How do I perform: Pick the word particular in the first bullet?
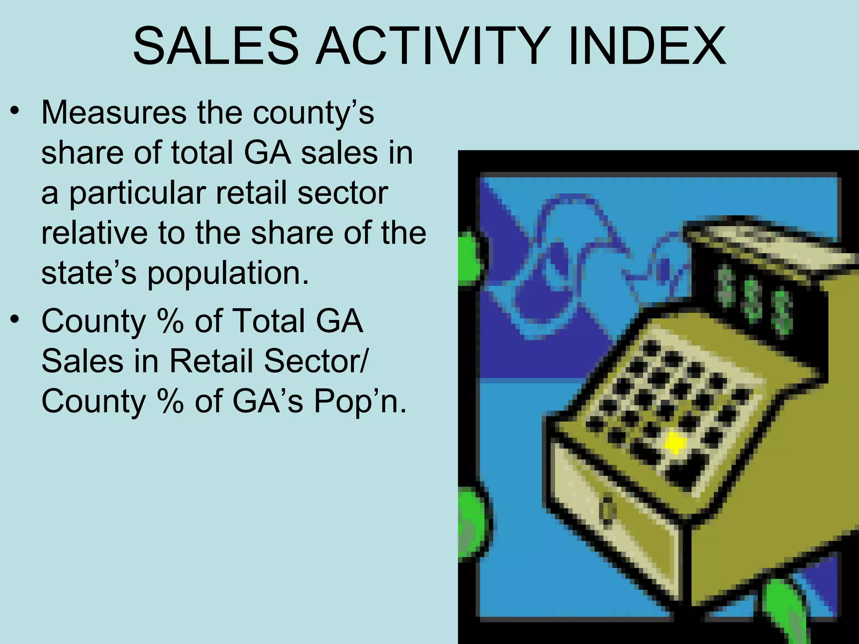[137, 194]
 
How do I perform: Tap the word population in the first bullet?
[227, 273]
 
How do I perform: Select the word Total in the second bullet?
[268, 321]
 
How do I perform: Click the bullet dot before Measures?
[16, 111]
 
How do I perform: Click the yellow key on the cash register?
[675, 442]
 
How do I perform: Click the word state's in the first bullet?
[89, 273]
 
